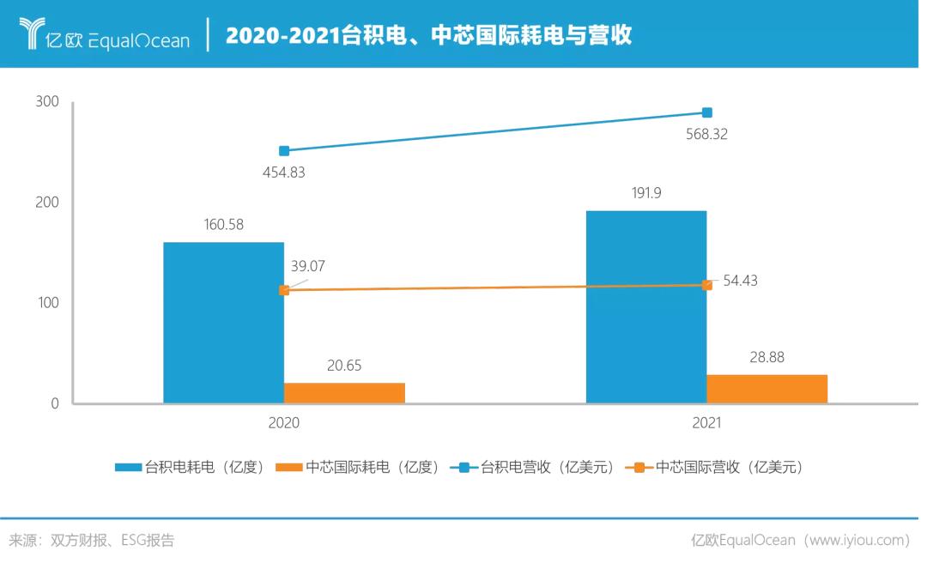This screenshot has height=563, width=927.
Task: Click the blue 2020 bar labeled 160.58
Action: pyautogui.click(x=223, y=322)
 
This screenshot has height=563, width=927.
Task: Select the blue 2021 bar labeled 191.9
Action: pyautogui.click(x=646, y=306)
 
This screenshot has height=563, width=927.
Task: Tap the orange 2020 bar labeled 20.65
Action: pyautogui.click(x=344, y=393)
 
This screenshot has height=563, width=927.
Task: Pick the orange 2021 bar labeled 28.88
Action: pyautogui.click(x=766, y=389)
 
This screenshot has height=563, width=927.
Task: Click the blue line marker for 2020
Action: pyautogui.click(x=284, y=151)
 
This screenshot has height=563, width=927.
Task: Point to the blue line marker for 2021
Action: pyautogui.click(x=707, y=112)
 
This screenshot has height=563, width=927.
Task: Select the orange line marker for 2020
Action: pyautogui.click(x=284, y=290)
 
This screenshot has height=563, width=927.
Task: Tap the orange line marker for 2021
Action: pyautogui.click(x=707, y=285)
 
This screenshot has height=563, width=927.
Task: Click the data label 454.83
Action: pyautogui.click(x=284, y=172)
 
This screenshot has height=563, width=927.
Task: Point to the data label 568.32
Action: pyautogui.click(x=707, y=134)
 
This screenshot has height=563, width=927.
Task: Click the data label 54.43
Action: pyautogui.click(x=741, y=281)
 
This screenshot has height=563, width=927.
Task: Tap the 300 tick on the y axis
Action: pyautogui.click(x=47, y=102)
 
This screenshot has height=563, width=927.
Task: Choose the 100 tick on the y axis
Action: pyautogui.click(x=47, y=303)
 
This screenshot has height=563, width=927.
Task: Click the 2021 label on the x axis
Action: pyautogui.click(x=707, y=423)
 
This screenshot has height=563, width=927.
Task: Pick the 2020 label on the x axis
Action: pyautogui.click(x=284, y=423)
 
